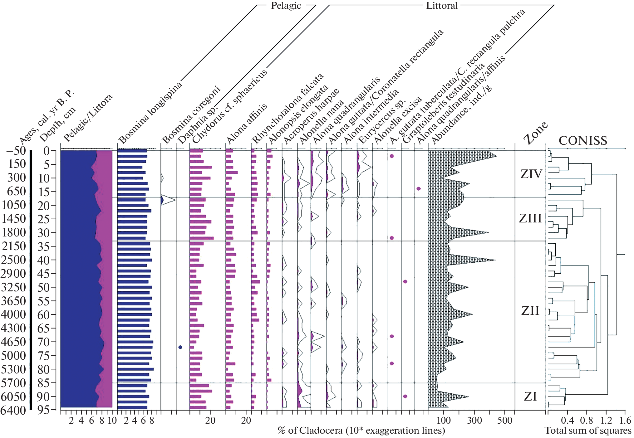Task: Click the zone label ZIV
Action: pyautogui.click(x=531, y=174)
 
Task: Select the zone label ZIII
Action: pyautogui.click(x=530, y=218)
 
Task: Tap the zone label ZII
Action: pyautogui.click(x=530, y=311)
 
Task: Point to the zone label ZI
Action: pyautogui.click(x=530, y=397)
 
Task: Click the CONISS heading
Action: pyautogui.click(x=583, y=141)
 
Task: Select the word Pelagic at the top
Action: pyautogui.click(x=286, y=6)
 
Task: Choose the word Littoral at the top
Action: pyautogui.click(x=442, y=6)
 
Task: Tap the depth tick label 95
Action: pyautogui.click(x=43, y=410)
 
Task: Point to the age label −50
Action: pyautogui.click(x=16, y=151)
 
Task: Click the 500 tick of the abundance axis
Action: pyautogui.click(x=505, y=421)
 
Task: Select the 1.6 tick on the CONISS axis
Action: pyautogui.click(x=625, y=421)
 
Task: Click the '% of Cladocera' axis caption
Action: pyautogui.click(x=361, y=431)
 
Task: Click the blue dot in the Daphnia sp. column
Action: pyautogui.click(x=180, y=347)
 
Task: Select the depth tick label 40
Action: pyautogui.click(x=43, y=260)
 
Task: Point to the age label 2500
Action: pyautogui.click(x=13, y=260)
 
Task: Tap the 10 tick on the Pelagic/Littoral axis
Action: pyautogui.click(x=112, y=421)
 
